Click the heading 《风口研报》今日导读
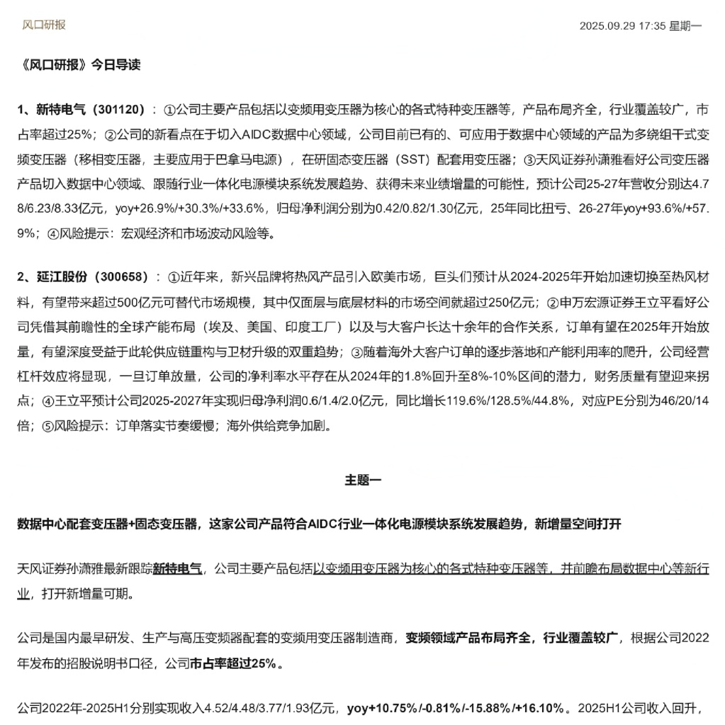tap(79, 65)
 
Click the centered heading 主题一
tap(362, 480)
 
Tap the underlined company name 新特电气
tap(177, 568)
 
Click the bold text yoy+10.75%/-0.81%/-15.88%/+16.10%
tap(457, 709)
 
